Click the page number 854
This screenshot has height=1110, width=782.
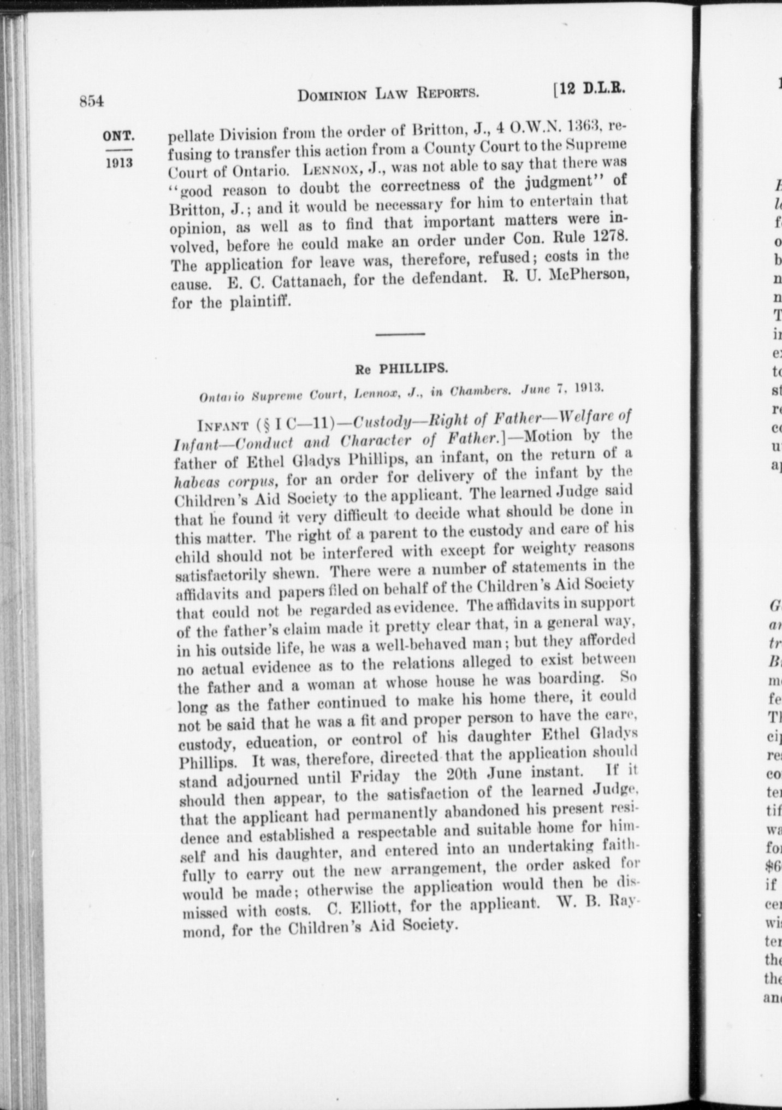pos(91,101)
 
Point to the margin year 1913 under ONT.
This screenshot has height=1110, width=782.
pos(119,163)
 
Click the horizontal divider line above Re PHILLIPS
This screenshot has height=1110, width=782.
pos(400,333)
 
